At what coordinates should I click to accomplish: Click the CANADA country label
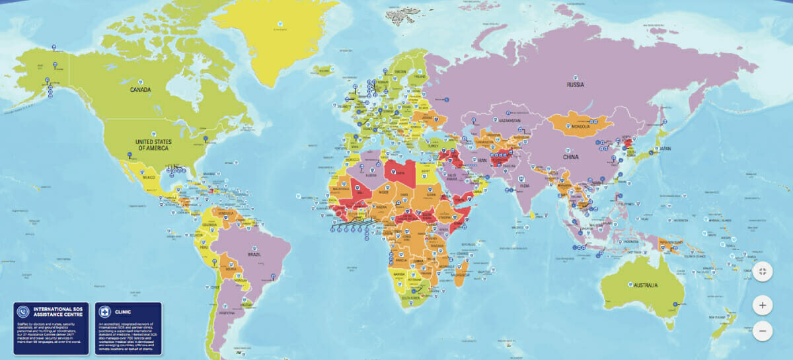click(141, 90)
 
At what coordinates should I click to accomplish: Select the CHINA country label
click(570, 157)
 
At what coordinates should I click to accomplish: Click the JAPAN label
click(663, 149)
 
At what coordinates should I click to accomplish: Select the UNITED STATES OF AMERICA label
click(153, 145)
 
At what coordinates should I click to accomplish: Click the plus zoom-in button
click(762, 305)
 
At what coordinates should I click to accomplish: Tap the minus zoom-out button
click(762, 330)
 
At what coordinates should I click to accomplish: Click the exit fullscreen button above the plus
click(762, 271)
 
